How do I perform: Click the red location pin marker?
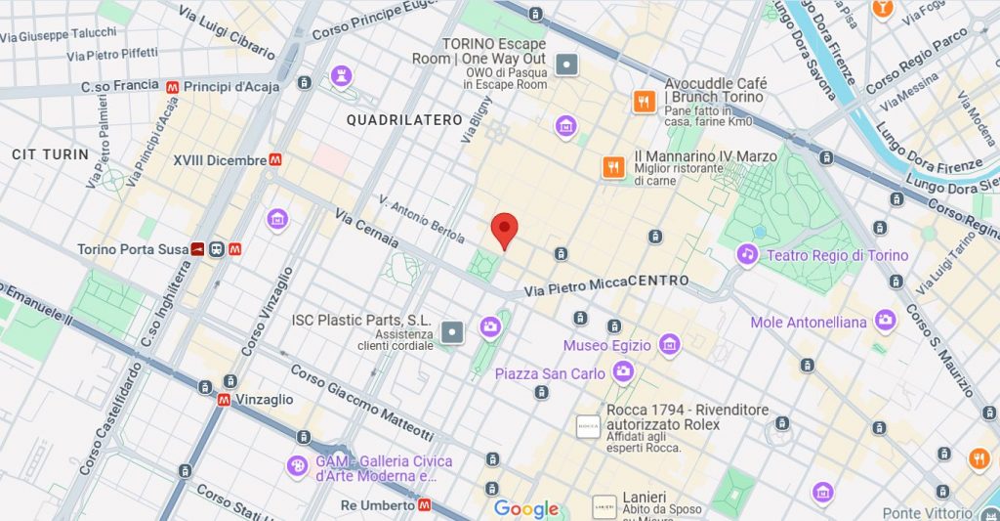coord(503,229)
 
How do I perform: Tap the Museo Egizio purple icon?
coord(669,344)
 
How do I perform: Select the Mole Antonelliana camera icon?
coord(886,320)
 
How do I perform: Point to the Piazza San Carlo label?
coord(549,372)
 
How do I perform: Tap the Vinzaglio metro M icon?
coord(225,400)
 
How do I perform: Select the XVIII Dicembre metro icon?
coord(277,159)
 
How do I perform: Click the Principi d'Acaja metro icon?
coord(173,87)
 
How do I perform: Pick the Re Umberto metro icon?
coord(424,505)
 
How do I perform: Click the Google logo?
coord(526,508)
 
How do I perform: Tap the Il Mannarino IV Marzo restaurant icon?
coord(613,167)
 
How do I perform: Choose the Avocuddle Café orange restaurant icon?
coord(644,101)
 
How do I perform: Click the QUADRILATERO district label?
coord(404,119)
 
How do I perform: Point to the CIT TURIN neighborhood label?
coord(50,154)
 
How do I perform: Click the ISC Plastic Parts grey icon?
coord(452,332)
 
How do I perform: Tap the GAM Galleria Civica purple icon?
coord(296,467)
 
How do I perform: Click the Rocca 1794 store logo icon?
coord(588,426)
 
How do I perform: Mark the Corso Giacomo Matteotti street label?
coord(360,404)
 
